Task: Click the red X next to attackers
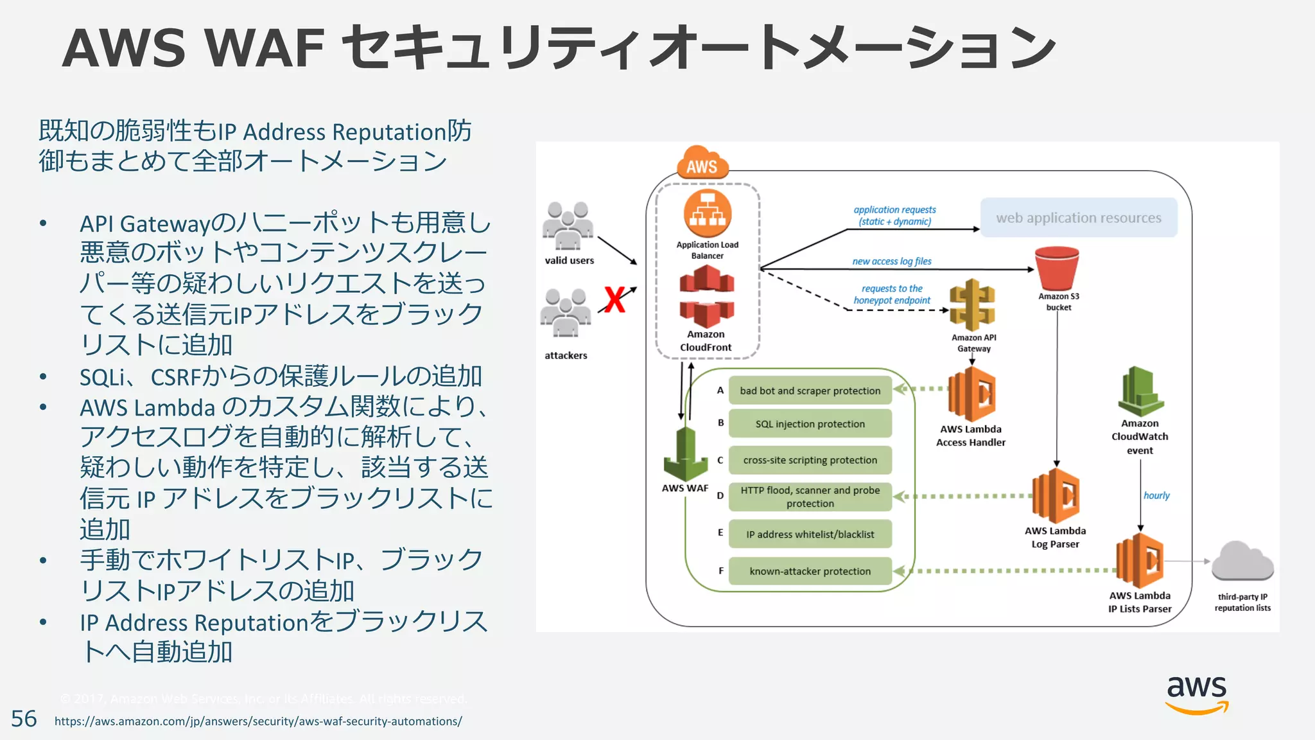[x=614, y=299]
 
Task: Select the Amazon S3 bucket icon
[x=1057, y=268]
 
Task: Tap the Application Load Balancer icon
[x=707, y=213]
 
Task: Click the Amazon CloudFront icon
[x=706, y=296]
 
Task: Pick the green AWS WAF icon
[x=685, y=454]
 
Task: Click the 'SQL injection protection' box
[x=810, y=424]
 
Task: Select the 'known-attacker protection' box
[x=810, y=571]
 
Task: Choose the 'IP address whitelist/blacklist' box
[x=810, y=534]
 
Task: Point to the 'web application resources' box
[x=1078, y=218]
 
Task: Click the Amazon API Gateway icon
[x=972, y=305]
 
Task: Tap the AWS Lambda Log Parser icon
[x=1056, y=496]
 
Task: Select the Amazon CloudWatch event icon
[x=1140, y=391]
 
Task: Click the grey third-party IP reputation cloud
[x=1242, y=561]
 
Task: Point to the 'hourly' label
[x=1156, y=495]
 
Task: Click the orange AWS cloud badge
[x=702, y=164]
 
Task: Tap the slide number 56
[x=24, y=719]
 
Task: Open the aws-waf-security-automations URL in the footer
[x=258, y=721]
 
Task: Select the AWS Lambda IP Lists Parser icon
[x=1139, y=561]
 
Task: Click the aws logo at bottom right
[x=1196, y=694]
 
